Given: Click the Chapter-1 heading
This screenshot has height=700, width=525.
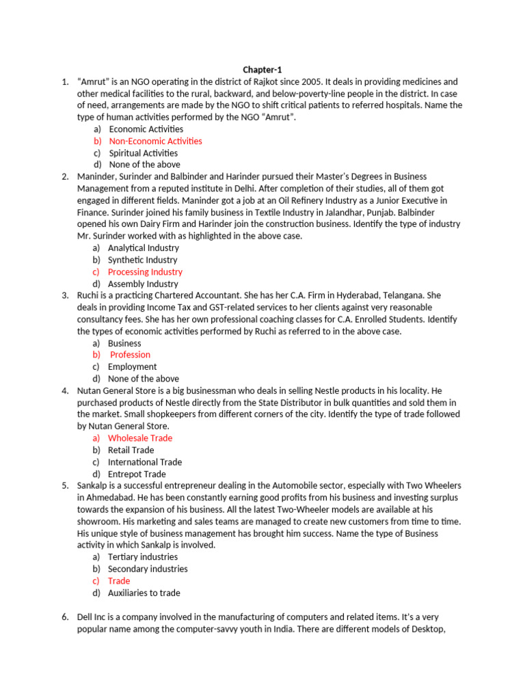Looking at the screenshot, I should click(262, 70).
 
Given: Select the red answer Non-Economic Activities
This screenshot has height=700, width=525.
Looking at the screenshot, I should click(155, 141).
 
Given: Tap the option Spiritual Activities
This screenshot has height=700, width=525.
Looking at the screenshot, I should click(143, 153).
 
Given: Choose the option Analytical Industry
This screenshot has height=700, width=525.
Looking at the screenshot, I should click(144, 247).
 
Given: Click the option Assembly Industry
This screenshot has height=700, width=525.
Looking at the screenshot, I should click(143, 284).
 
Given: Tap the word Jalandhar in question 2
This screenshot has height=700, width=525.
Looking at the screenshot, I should click(336, 212).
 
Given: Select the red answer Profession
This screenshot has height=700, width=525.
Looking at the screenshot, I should click(130, 355).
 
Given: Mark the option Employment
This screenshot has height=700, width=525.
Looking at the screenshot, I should click(132, 366).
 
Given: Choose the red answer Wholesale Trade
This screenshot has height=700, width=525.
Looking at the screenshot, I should click(140, 437).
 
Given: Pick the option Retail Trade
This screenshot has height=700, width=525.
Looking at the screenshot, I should click(131, 450).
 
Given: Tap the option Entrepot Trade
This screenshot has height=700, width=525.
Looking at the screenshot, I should click(137, 474).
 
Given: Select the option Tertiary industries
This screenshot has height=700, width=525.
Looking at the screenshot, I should click(142, 556).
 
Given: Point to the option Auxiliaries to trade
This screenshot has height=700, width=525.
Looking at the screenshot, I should click(144, 593).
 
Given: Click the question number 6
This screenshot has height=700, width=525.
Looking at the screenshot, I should click(64, 617).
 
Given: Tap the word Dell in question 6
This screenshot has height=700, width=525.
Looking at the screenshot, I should click(86, 617).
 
